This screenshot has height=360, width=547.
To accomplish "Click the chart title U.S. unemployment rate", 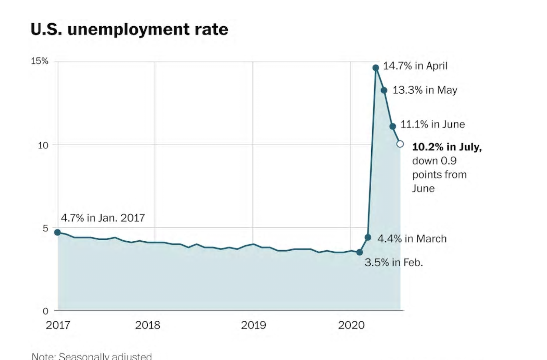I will click(129, 29).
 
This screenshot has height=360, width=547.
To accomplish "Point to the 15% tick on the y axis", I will click(40, 61).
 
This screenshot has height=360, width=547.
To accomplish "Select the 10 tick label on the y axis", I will click(43, 145).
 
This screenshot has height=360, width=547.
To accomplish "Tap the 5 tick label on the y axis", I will click(45, 228).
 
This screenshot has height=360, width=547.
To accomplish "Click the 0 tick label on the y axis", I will click(45, 311).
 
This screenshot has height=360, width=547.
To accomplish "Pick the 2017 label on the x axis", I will click(58, 325).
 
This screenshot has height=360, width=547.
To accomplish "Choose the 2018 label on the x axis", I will click(147, 325).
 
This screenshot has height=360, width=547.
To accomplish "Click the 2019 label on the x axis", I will click(253, 325).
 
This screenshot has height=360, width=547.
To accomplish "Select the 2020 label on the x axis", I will click(351, 325).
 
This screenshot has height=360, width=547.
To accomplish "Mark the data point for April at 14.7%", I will click(376, 68).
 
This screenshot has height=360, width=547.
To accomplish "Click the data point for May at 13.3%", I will click(384, 90).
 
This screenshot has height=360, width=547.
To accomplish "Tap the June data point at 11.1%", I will click(392, 126).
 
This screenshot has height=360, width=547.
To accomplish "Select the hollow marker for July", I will click(400, 144).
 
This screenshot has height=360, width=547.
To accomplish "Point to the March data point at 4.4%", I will click(368, 237).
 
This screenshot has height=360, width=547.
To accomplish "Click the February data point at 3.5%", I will click(359, 252).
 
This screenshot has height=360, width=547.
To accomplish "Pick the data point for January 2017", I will click(57, 232).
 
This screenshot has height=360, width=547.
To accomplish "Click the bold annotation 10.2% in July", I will click(447, 147).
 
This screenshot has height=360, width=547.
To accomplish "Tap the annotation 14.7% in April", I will click(415, 66).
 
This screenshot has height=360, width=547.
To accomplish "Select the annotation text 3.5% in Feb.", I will click(393, 263).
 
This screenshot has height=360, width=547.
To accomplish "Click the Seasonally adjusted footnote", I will click(92, 356).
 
